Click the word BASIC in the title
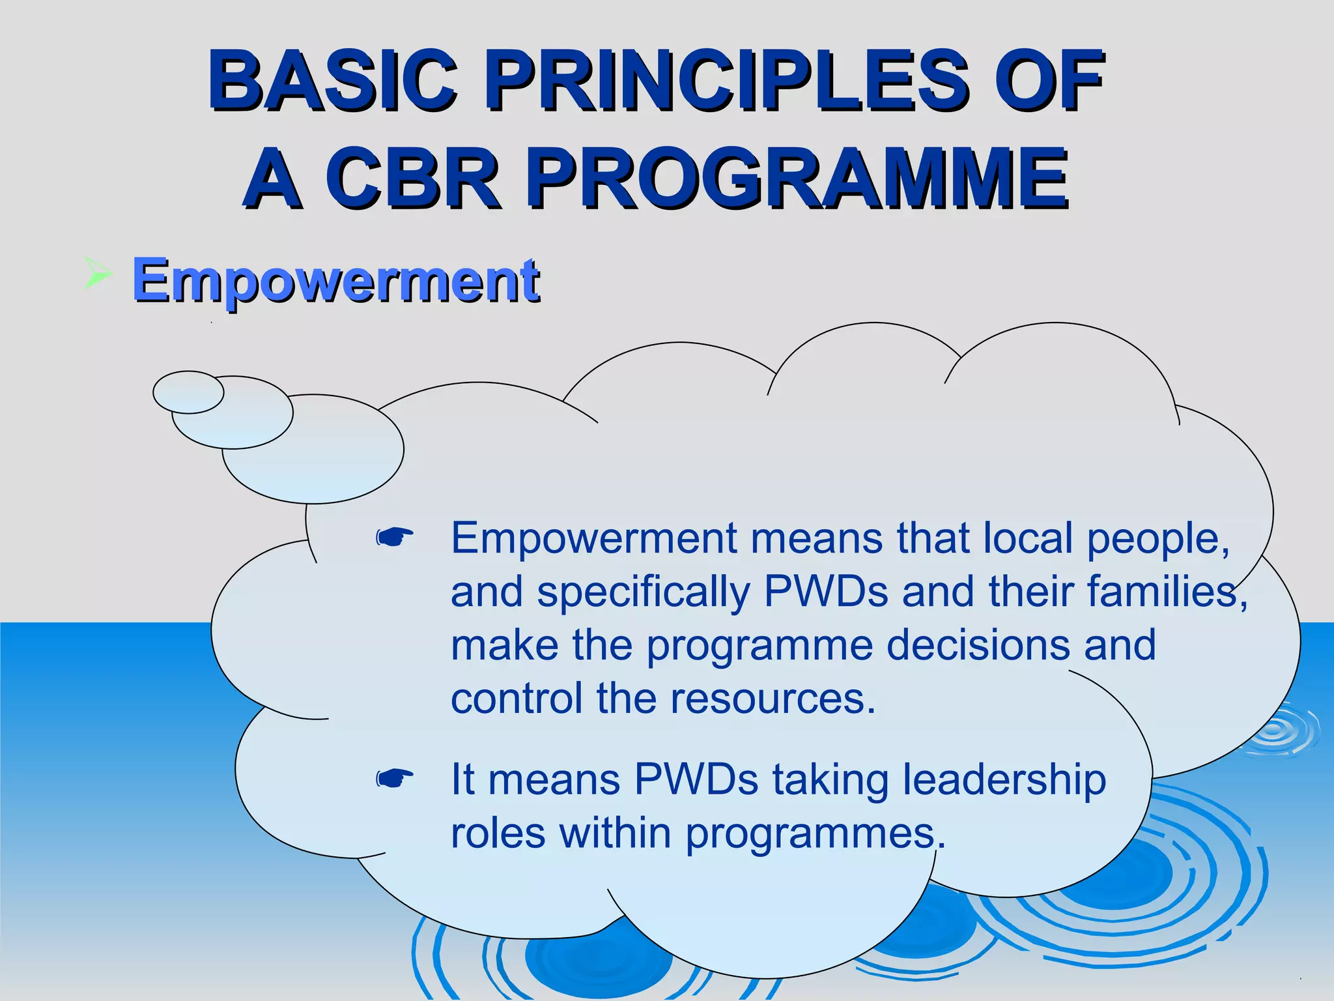pos(332,81)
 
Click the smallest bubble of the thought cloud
pos(188,392)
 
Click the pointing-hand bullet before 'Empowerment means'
pos(395,538)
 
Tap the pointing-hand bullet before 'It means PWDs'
pos(395,778)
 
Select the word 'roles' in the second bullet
pos(498,834)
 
